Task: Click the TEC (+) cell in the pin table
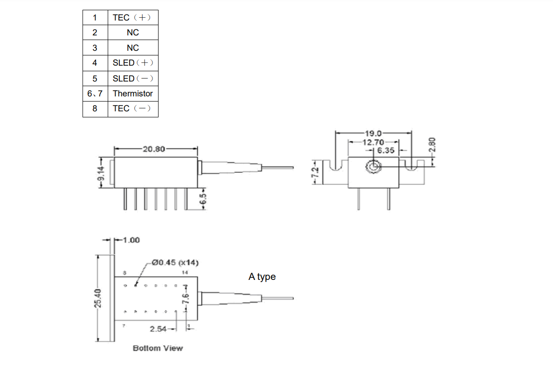tap(132, 18)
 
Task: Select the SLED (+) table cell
tap(132, 63)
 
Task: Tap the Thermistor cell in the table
tap(132, 94)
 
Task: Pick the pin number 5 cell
tap(95, 78)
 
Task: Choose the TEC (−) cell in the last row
tap(132, 109)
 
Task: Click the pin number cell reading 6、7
tap(95, 94)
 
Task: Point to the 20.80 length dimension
tap(154, 150)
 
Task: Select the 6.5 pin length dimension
tap(203, 199)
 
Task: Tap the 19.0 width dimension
tap(373, 134)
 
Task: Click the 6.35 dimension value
tap(386, 150)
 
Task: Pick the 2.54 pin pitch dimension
tap(158, 329)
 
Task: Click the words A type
tap(262, 277)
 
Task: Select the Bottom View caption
tap(158, 348)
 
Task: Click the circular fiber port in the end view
tap(373, 167)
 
